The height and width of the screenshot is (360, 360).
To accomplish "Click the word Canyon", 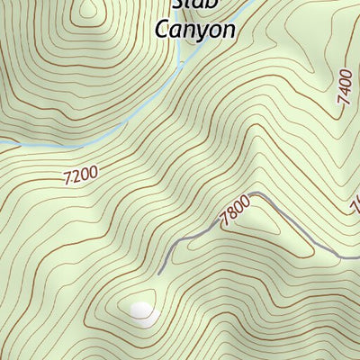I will pyautogui.click(x=195, y=29).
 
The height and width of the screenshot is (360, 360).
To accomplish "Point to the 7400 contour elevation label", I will pyautogui.click(x=346, y=87).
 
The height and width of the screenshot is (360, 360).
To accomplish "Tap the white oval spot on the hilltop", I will pyautogui.click(x=141, y=311).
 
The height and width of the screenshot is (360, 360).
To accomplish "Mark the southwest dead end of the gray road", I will pyautogui.click(x=158, y=274).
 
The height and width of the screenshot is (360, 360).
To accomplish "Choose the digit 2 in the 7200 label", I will pyautogui.click(x=76, y=177).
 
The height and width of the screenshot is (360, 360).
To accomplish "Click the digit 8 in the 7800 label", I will pyautogui.click(x=231, y=217).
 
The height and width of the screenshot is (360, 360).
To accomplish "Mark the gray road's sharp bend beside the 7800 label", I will pyautogui.click(x=258, y=193).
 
